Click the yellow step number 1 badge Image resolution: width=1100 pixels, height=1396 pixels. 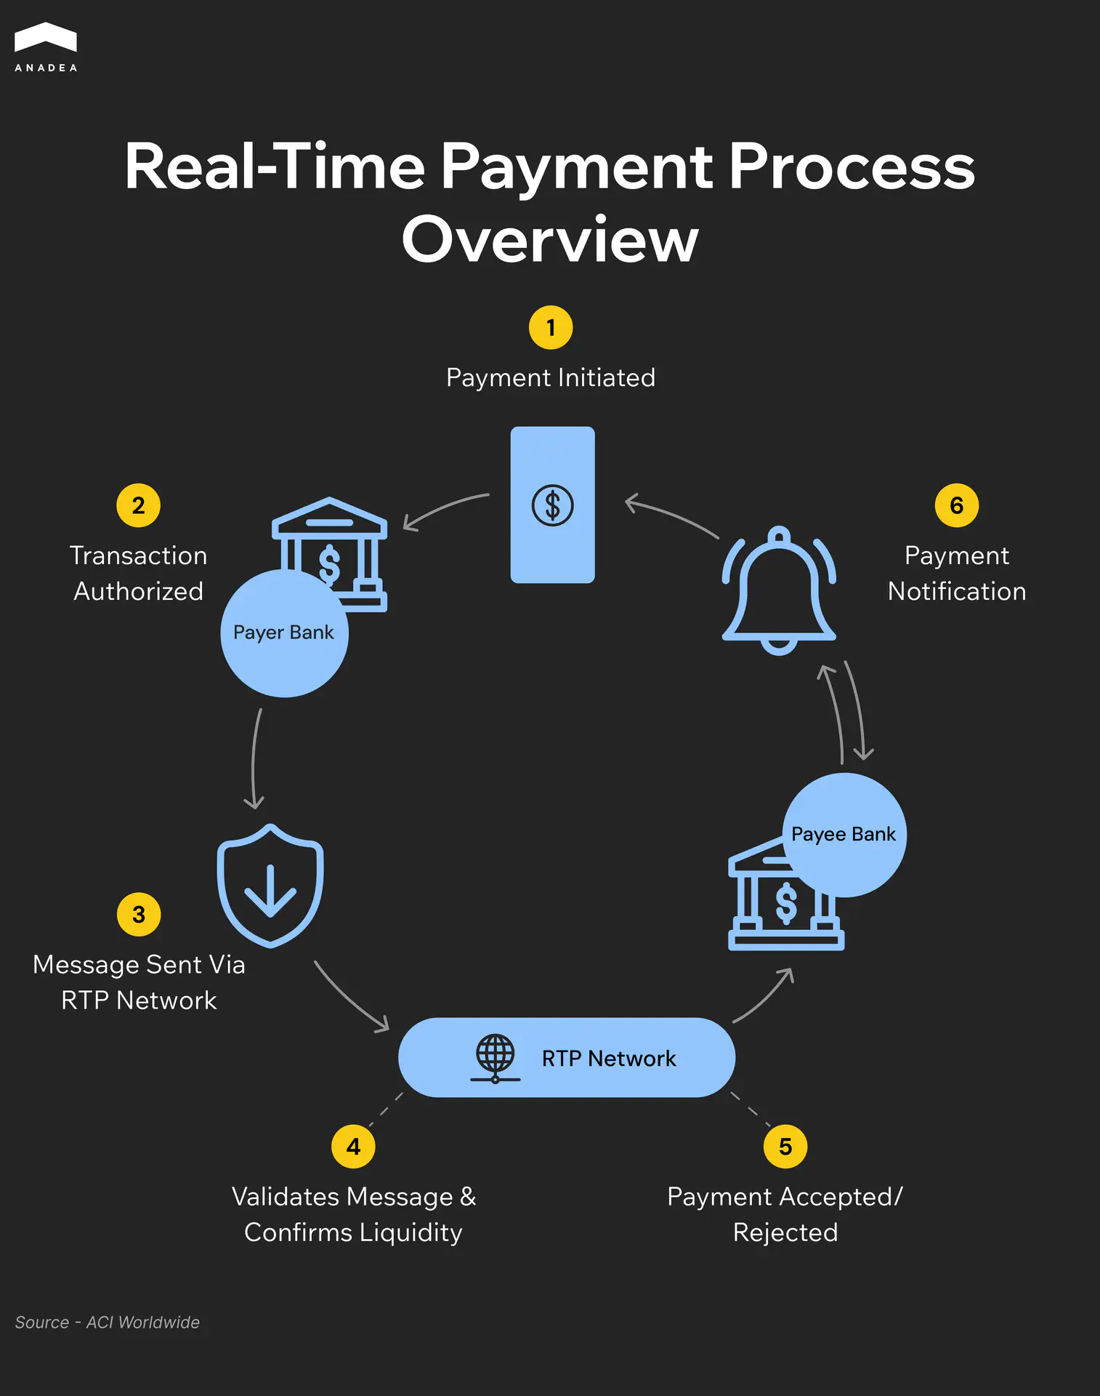tap(551, 328)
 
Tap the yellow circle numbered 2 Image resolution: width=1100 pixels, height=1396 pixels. tap(138, 505)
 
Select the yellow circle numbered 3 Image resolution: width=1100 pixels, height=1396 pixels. tap(139, 915)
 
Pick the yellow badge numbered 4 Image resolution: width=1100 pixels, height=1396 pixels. tap(353, 1147)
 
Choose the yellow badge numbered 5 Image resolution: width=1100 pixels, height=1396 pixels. tap(785, 1147)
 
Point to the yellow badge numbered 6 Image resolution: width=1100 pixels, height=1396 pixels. tap(957, 505)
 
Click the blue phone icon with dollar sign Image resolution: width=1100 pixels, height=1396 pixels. tap(552, 505)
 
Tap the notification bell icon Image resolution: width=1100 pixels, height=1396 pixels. tap(779, 590)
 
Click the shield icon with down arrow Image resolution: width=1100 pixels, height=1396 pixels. tap(270, 886)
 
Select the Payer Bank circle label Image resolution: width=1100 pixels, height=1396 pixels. tap(284, 633)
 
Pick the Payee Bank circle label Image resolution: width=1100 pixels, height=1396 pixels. tap(844, 834)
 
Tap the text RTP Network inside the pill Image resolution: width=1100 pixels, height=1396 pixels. tap(609, 1058)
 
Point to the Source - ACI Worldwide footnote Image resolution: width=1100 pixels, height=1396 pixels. tap(108, 1323)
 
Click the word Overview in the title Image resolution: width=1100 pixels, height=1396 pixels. tap(550, 240)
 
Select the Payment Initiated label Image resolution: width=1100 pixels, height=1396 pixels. tap(551, 378)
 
